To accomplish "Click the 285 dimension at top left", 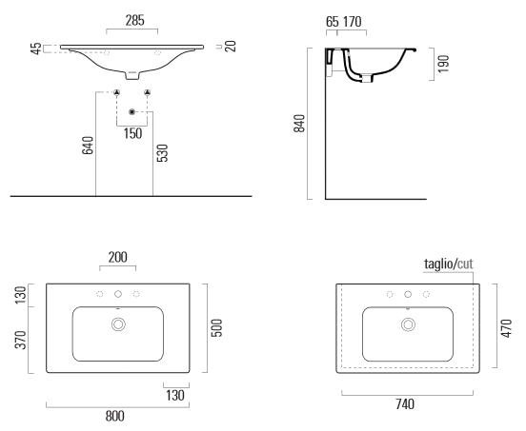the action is tap(135, 20).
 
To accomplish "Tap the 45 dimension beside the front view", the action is tap(36, 49).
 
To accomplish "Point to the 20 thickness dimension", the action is tap(231, 47).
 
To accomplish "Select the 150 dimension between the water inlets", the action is tap(132, 133).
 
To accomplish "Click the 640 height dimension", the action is tap(88, 146).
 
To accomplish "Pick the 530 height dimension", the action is tap(162, 153).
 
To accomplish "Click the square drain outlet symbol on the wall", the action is tap(131, 112).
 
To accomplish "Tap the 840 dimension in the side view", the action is tap(299, 124).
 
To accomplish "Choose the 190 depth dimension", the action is tap(443, 64).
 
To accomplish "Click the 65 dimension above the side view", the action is tap(333, 22).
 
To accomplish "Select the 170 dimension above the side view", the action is tap(353, 22).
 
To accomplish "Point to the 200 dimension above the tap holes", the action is tap(118, 257).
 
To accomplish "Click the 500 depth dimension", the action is tap(216, 328).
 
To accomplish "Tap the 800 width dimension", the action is tap(115, 417).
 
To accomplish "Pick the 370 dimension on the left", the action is tap(21, 340).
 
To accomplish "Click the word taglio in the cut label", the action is tap(438, 264).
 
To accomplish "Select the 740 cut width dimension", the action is tap(405, 404).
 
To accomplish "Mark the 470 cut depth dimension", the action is tap(506, 328).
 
